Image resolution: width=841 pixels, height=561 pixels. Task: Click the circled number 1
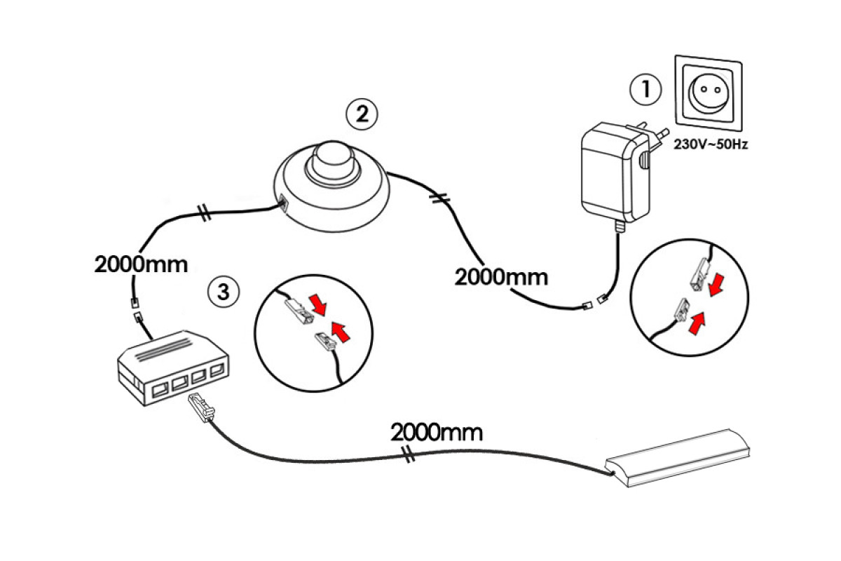(x=645, y=89)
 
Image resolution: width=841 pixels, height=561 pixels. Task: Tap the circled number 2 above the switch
(x=362, y=114)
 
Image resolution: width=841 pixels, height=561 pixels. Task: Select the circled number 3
(x=224, y=292)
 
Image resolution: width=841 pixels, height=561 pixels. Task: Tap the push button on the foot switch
(x=329, y=161)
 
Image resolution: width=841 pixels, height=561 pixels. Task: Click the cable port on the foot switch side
(x=282, y=205)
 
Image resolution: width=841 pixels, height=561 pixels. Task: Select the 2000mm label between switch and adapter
(x=501, y=276)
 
